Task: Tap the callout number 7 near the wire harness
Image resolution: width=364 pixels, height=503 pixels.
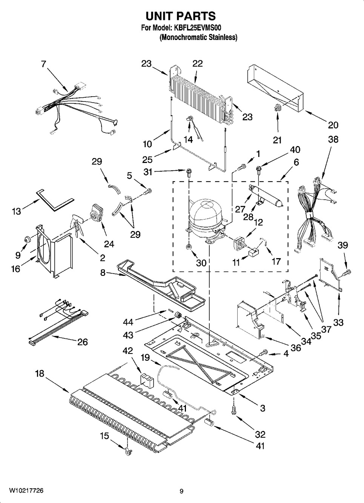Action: tap(44, 64)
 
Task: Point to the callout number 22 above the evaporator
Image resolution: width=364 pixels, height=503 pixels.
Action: tap(197, 63)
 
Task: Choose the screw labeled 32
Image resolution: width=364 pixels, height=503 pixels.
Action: tap(234, 409)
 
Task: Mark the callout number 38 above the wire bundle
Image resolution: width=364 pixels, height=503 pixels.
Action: tap(333, 139)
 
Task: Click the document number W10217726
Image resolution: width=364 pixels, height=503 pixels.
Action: tap(25, 491)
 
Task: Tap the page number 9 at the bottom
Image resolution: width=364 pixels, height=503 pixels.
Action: tap(181, 491)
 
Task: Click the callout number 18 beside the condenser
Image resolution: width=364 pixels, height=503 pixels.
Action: tap(39, 374)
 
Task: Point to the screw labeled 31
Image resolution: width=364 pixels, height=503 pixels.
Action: tap(187, 173)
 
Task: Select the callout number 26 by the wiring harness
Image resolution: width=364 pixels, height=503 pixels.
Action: tap(82, 342)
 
